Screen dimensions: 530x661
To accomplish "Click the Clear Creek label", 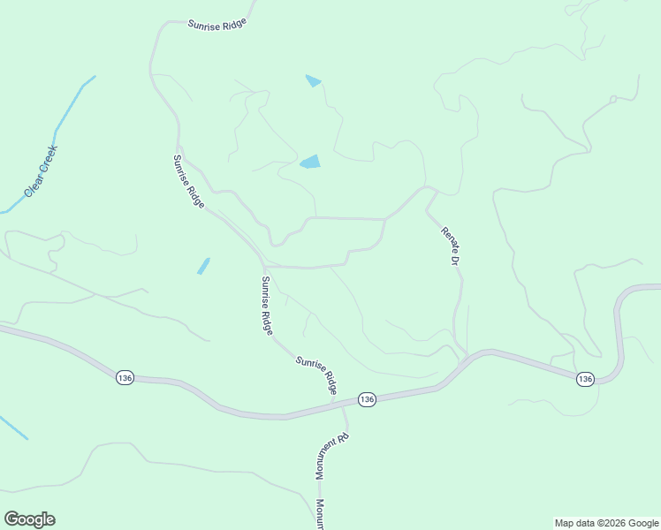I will coord(41,170).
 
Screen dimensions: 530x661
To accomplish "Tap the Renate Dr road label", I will coord(451,246).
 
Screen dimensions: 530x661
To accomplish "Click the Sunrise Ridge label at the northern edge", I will coord(217,24).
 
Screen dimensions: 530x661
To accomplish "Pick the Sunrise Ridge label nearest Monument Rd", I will coord(317,375).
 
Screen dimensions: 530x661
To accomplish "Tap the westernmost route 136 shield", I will coord(125,377).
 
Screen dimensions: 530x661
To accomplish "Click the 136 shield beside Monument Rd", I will coord(368,400).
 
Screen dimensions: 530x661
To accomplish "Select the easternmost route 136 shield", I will coord(585,379).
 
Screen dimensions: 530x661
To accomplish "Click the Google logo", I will coord(29,519).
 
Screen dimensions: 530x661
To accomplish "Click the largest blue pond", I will coord(310,162).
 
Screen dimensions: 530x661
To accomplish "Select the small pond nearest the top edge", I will coord(314,81).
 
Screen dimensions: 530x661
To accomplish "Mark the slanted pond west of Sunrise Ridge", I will coord(204,266).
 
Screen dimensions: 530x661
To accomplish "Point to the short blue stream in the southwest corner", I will coord(12,428).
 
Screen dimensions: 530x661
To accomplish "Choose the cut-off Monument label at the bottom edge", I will coord(320,514).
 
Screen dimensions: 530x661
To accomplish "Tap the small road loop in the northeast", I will coord(612,100).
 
